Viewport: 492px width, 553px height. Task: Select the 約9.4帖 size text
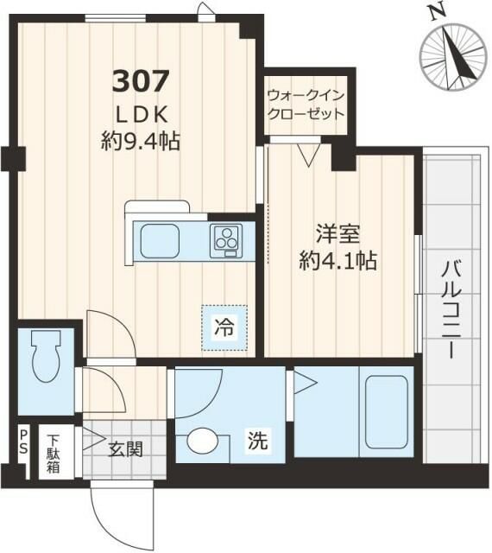tap(141, 142)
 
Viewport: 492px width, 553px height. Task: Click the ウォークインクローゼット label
tap(306, 104)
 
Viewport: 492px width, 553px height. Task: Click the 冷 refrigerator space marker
tap(224, 328)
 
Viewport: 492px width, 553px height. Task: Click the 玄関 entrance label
tap(124, 449)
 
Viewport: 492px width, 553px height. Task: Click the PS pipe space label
tap(23, 443)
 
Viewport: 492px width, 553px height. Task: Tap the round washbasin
tap(205, 442)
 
